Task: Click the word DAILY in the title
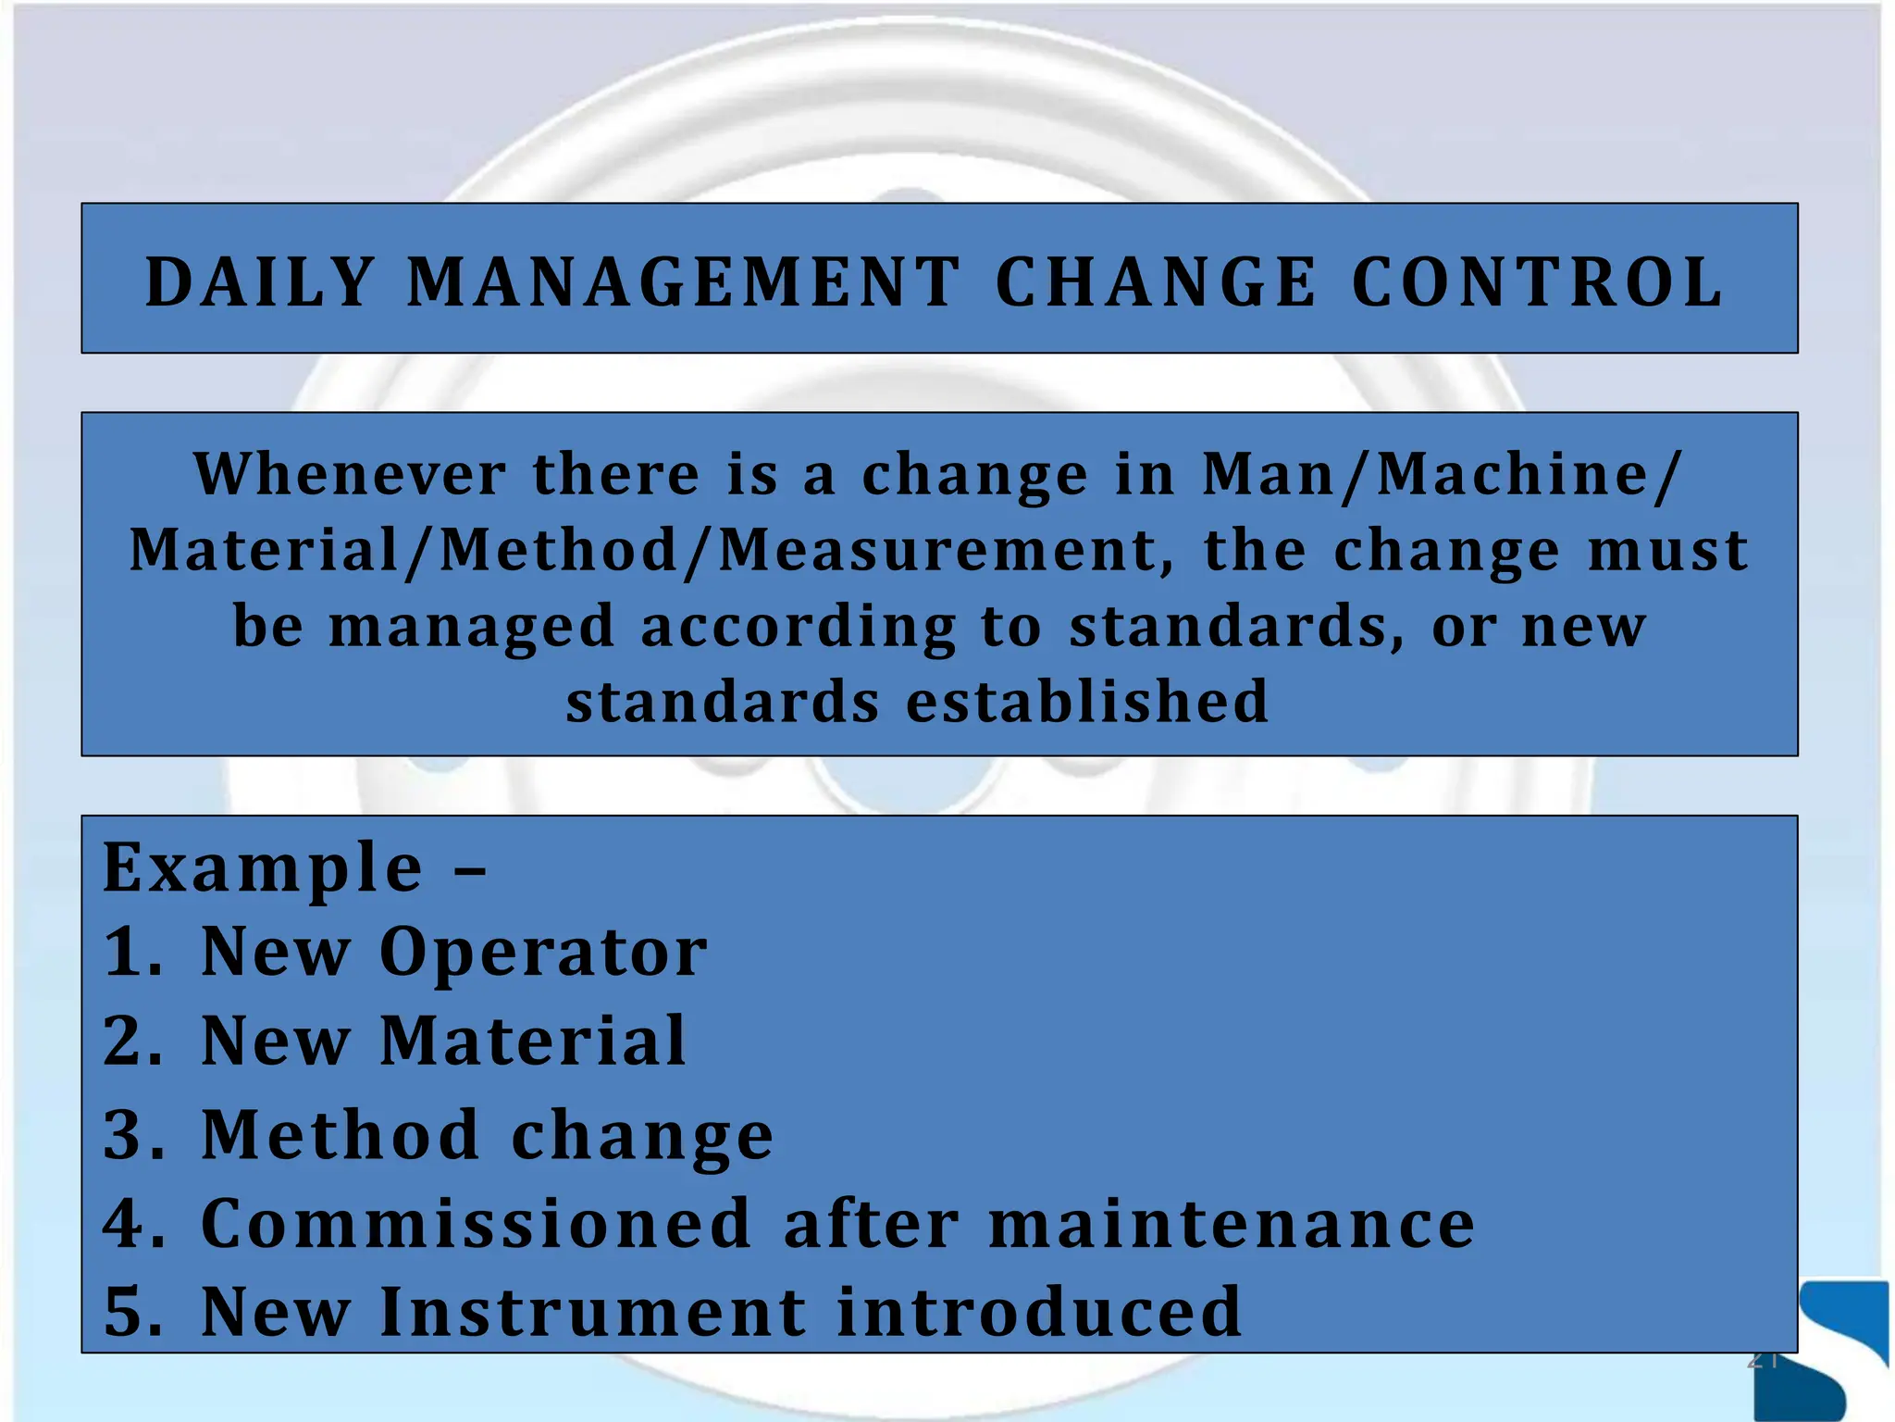click(x=259, y=282)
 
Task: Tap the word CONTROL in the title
click(x=1538, y=282)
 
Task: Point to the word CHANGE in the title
click(x=1156, y=282)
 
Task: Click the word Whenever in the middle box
click(x=350, y=474)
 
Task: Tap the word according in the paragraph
click(x=798, y=627)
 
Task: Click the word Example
click(x=263, y=868)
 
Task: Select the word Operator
click(x=543, y=954)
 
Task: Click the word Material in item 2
click(x=533, y=1041)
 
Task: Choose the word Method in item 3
click(x=341, y=1135)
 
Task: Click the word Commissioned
click(x=476, y=1224)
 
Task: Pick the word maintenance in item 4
click(x=1231, y=1224)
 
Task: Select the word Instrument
click(x=592, y=1313)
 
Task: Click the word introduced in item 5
click(x=1038, y=1313)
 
